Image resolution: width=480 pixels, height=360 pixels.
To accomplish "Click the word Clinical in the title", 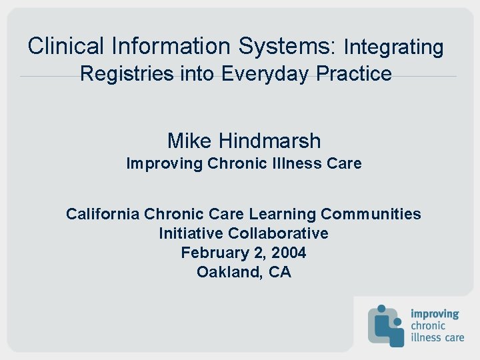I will tap(66, 46).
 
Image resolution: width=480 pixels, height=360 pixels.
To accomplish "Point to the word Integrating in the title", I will tap(393, 47).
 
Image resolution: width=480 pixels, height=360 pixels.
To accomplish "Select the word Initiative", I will tap(191, 233).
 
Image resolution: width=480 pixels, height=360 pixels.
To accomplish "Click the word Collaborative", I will tap(278, 233).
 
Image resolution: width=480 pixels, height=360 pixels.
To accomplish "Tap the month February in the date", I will tap(213, 253).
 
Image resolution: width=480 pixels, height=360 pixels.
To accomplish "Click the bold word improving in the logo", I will tap(435, 313).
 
